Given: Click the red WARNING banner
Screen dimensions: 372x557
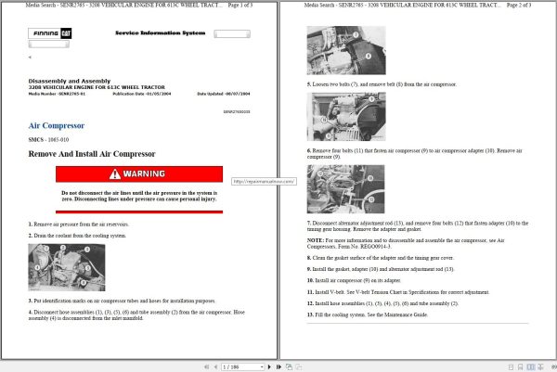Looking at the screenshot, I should coord(139,173).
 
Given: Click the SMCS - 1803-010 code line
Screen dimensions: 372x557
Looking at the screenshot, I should coord(50,139).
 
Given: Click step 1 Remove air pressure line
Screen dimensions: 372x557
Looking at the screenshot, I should coord(79,224).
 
